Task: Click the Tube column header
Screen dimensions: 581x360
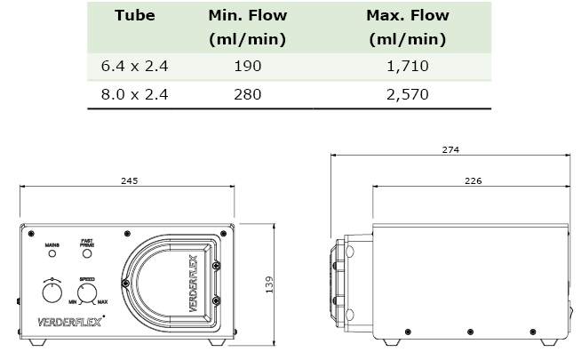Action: click(x=134, y=16)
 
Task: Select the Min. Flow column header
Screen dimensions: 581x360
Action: click(x=248, y=27)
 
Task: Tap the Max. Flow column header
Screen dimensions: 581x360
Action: click(x=408, y=27)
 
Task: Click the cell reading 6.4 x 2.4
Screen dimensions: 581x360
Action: click(x=134, y=66)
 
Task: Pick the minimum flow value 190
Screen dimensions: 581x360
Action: click(x=248, y=66)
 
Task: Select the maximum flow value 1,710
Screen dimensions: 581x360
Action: click(x=408, y=66)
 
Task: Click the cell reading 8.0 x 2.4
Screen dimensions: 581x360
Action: click(x=134, y=94)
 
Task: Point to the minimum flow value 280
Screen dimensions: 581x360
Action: click(x=248, y=94)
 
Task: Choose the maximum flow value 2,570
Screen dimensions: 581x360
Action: click(x=408, y=94)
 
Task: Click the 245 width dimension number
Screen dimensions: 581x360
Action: click(x=130, y=180)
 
